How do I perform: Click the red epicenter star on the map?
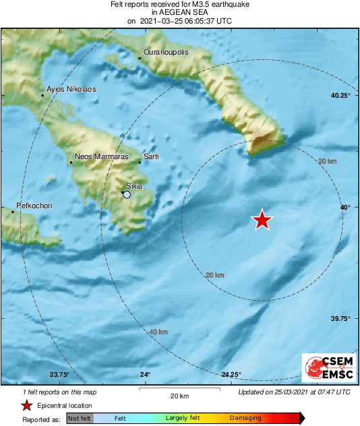tap(262, 220)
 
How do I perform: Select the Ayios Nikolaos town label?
tap(71, 89)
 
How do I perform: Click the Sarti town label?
tap(151, 156)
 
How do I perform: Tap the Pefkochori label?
tap(34, 206)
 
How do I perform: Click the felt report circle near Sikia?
tap(126, 195)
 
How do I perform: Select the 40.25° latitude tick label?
tap(340, 96)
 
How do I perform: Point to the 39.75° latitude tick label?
tap(340, 319)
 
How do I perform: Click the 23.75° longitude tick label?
tap(59, 375)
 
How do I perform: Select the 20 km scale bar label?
tap(179, 395)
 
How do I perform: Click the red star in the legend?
tap(26, 405)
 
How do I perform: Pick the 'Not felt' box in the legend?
tap(80, 418)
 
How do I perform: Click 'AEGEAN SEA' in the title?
tap(179, 12)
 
